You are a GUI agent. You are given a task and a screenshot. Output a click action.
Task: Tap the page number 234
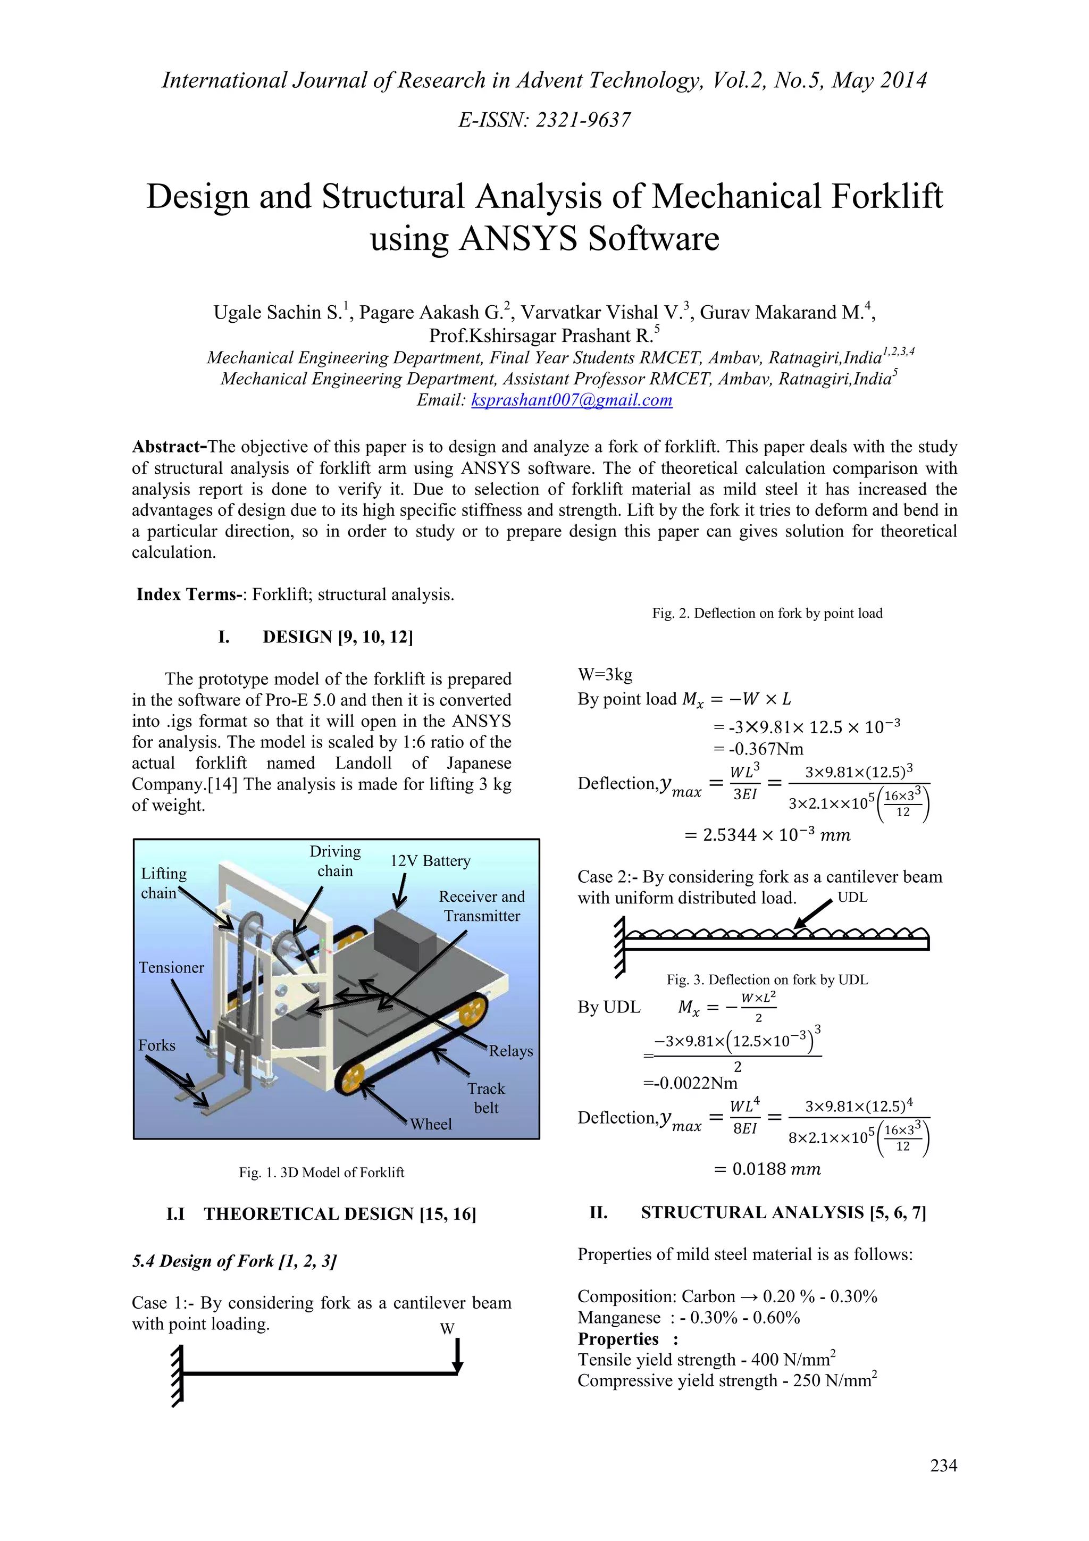[943, 1465]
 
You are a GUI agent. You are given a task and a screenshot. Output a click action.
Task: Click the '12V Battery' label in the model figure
[430, 860]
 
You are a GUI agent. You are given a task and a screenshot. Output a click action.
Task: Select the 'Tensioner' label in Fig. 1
[171, 967]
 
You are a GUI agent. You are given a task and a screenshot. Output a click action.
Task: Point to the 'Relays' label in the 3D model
[510, 1051]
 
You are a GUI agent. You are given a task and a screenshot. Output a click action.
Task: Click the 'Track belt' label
[486, 1098]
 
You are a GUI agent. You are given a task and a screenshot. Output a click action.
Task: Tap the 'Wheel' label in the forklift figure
[431, 1124]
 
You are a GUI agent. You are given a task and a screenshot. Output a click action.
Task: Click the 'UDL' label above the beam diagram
[852, 898]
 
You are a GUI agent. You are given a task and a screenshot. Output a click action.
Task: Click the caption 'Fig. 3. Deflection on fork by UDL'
[766, 979]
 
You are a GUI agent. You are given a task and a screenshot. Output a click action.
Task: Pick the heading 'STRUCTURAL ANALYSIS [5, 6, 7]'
[783, 1212]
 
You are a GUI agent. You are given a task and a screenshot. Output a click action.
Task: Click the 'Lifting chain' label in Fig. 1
[163, 883]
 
